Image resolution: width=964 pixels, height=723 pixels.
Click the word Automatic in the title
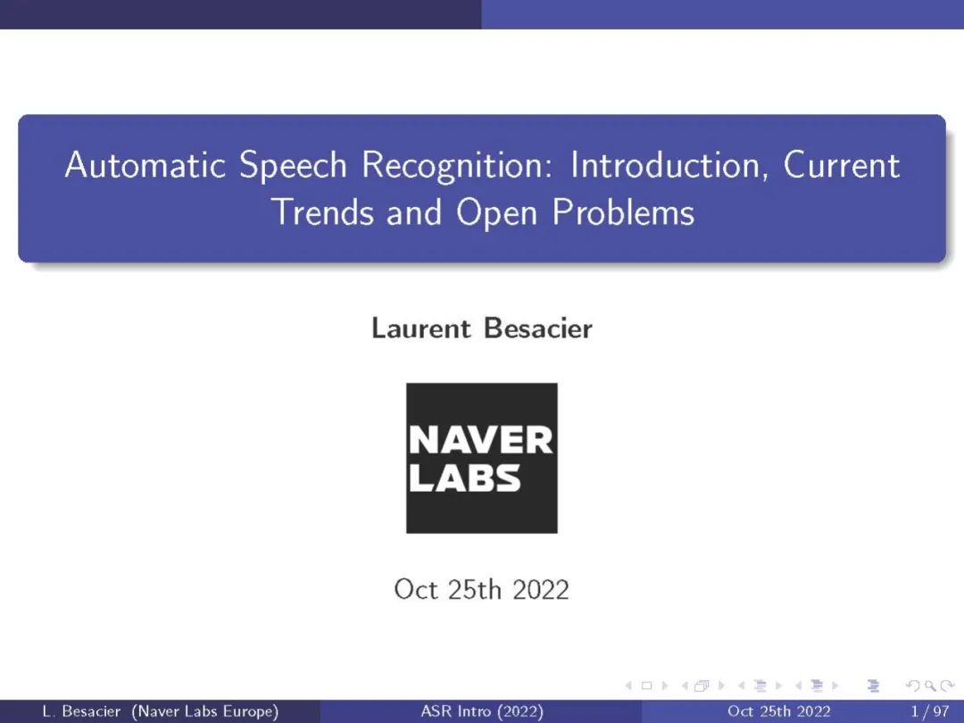(x=145, y=165)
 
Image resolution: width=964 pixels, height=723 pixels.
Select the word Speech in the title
(x=293, y=166)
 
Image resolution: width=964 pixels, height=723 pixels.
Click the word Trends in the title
(x=323, y=212)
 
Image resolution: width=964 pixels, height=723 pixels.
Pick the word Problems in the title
(x=623, y=212)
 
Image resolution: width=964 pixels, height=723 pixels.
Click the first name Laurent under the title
(x=421, y=328)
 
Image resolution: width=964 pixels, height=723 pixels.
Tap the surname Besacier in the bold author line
(x=538, y=328)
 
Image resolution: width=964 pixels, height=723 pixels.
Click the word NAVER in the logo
(x=481, y=440)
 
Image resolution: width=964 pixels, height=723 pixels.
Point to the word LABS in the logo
(x=465, y=478)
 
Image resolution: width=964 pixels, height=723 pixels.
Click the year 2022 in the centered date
(x=541, y=590)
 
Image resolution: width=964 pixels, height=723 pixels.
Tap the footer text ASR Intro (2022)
(x=482, y=711)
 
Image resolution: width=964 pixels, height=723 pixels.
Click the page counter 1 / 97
(x=930, y=711)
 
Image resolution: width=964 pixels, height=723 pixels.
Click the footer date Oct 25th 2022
(x=779, y=711)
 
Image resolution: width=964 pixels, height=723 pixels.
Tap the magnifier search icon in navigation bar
(x=931, y=686)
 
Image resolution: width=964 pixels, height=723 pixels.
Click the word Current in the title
(x=842, y=165)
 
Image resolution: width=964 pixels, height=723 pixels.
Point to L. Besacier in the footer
(x=82, y=711)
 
